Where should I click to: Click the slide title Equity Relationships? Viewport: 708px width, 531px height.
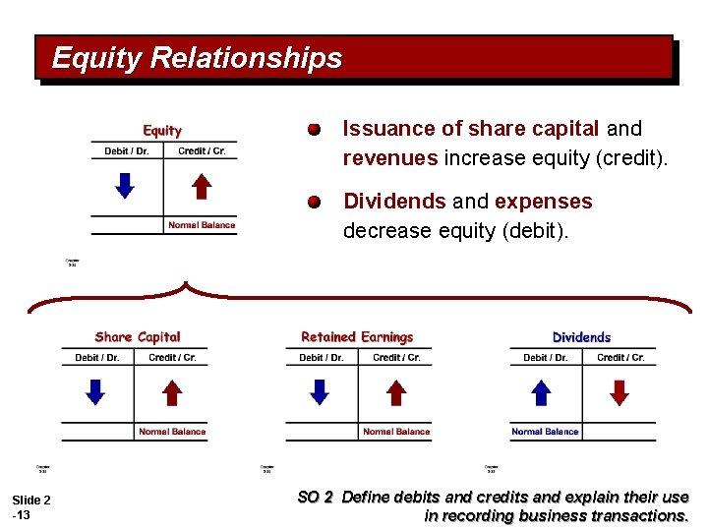click(x=197, y=58)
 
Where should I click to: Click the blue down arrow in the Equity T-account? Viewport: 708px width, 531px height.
click(x=124, y=185)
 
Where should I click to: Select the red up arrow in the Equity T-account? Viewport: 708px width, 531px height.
click(x=201, y=185)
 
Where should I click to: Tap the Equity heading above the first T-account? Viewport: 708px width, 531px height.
click(x=162, y=130)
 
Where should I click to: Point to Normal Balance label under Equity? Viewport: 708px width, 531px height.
click(x=202, y=225)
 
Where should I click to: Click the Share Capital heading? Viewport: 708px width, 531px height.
click(x=138, y=337)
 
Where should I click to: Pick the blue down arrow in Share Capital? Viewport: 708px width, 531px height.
click(x=94, y=392)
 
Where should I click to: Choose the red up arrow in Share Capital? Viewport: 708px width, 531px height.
click(x=172, y=392)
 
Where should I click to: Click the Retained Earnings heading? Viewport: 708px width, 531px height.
click(x=357, y=337)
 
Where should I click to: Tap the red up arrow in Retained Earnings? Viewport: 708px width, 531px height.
click(x=396, y=392)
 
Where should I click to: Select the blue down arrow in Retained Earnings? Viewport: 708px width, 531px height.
click(x=320, y=392)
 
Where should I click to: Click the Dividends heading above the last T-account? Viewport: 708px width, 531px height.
click(x=581, y=337)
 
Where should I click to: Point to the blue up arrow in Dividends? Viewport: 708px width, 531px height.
click(x=542, y=392)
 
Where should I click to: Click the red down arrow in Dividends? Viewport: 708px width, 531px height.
click(x=619, y=392)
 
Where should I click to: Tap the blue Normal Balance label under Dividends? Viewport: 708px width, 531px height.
click(x=545, y=432)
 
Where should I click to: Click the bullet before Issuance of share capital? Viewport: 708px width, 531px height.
click(x=313, y=130)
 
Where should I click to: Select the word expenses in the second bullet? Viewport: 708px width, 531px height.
click(x=543, y=202)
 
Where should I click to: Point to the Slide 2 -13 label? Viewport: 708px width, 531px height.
click(x=30, y=507)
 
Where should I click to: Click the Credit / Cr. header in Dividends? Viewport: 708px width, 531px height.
click(x=620, y=358)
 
